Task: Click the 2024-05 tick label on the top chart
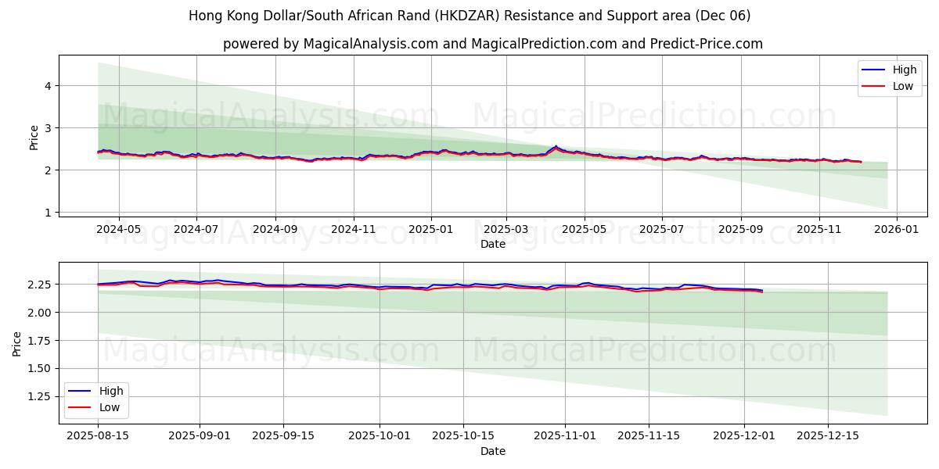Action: [x=119, y=230]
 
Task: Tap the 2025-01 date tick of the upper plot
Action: [x=431, y=230]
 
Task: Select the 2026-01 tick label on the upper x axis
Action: [x=896, y=230]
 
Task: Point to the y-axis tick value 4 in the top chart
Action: [x=48, y=85]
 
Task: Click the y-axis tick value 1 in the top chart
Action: [x=48, y=213]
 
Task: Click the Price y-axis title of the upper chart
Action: [x=34, y=138]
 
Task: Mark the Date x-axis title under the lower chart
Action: [x=493, y=451]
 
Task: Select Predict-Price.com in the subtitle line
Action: [x=706, y=44]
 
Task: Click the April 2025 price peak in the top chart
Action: [x=556, y=146]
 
